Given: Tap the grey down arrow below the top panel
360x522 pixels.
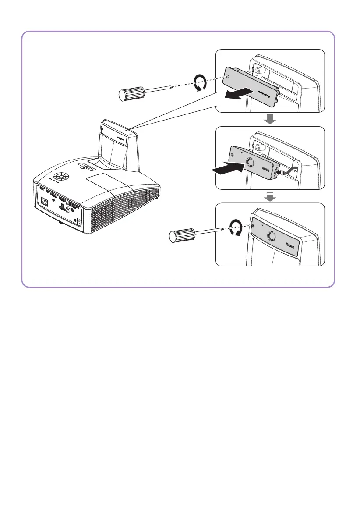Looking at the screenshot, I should [270, 119].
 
